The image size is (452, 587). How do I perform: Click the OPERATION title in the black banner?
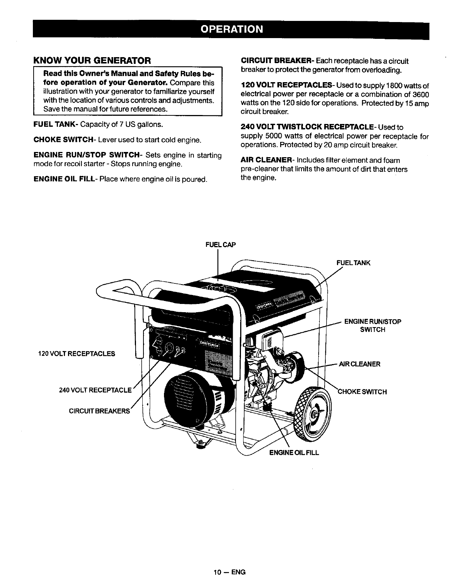point(231,29)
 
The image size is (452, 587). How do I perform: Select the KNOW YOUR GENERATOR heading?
point(92,60)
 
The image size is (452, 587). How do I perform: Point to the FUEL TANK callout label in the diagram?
point(353,263)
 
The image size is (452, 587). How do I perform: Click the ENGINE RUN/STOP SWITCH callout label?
point(372,326)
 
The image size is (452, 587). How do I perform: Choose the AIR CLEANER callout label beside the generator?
point(359,364)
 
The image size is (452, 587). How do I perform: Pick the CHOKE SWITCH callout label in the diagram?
point(362,392)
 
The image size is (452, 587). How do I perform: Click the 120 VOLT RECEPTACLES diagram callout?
point(77,354)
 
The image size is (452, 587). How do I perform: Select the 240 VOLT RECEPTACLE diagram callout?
point(96,391)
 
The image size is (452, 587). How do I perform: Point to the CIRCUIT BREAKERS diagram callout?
point(99,411)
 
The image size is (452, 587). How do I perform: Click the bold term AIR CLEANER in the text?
point(266,160)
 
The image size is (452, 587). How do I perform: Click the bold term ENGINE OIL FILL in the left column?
point(65,179)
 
